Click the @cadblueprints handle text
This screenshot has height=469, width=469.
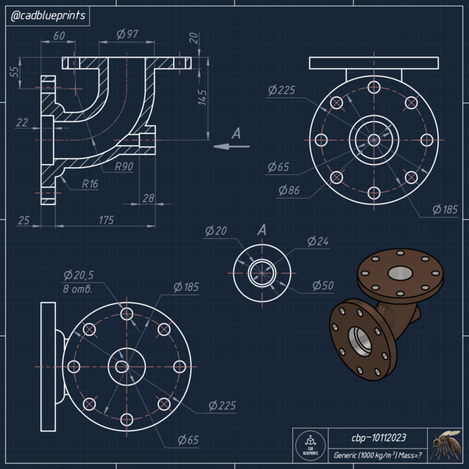click(x=47, y=16)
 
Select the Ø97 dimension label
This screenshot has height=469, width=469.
click(x=128, y=34)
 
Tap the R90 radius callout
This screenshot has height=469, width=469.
click(x=124, y=166)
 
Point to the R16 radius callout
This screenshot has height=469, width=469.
click(x=90, y=183)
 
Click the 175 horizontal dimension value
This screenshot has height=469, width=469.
click(x=107, y=220)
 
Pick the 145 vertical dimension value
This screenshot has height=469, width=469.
click(x=203, y=97)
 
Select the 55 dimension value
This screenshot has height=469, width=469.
click(x=14, y=71)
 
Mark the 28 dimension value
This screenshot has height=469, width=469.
click(x=147, y=198)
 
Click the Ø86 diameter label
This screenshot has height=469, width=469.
click(x=289, y=191)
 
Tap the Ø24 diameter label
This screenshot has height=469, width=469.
click(x=318, y=241)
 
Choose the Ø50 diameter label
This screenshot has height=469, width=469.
click(x=323, y=285)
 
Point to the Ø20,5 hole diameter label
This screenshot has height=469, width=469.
click(x=78, y=275)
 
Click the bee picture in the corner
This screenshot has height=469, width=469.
click(x=446, y=444)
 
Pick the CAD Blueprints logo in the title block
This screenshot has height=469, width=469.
click(x=309, y=446)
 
